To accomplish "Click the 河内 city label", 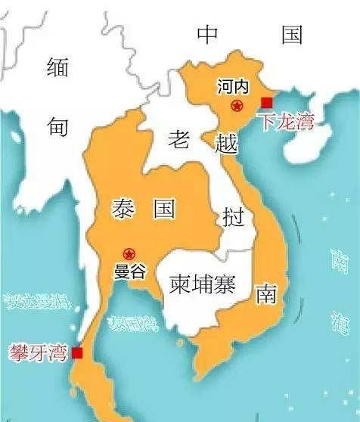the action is [231, 87].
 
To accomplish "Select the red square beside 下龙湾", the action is [266, 103].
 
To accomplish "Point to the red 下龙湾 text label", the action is [284, 122].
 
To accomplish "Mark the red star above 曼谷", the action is [129, 254].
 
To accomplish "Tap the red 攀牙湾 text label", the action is [37, 352].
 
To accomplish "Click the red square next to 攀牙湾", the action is [76, 352].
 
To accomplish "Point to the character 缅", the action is [57, 68].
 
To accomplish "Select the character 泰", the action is [123, 209].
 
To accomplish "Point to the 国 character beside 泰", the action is [163, 209].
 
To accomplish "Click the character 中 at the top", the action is [207, 34].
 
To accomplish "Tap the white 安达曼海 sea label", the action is [36, 302].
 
